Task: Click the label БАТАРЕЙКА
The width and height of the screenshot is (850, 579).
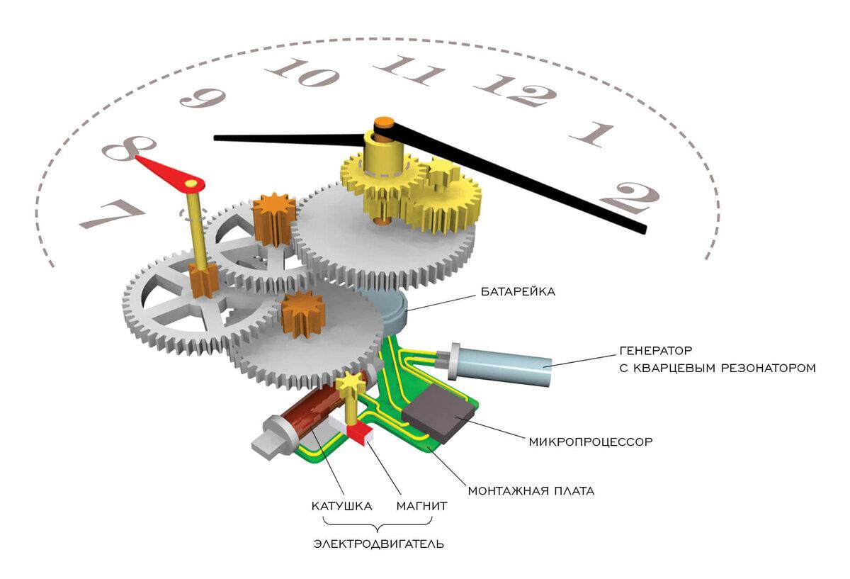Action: coord(518,291)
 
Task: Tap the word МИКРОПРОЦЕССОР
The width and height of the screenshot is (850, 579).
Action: coord(591,442)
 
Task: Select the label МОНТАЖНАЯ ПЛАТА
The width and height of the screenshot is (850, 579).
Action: coord(531,491)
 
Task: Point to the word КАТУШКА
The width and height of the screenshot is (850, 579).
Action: coord(341,506)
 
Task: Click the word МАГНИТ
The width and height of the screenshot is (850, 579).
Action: coord(421,506)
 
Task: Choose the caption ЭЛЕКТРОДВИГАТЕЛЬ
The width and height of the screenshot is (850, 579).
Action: coord(378,544)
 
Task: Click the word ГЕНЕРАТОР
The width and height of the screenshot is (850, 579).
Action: coord(655,350)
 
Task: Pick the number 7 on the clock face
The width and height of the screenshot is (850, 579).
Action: coord(113,214)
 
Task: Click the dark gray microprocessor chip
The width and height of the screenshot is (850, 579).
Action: coord(439,413)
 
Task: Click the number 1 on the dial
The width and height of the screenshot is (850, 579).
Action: coord(591,135)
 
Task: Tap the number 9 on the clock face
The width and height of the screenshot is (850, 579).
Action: coord(203,98)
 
